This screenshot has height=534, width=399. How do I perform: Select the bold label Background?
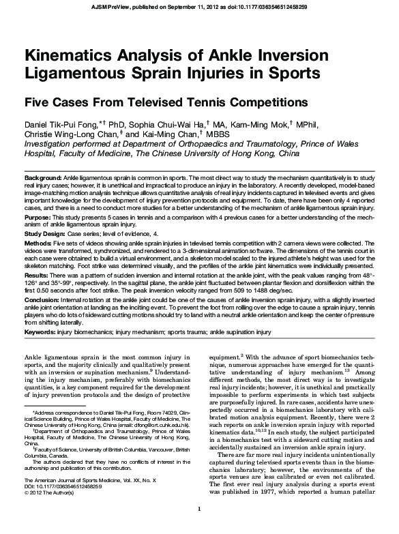pyautogui.click(x=44, y=177)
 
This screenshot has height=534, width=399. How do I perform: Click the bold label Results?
pyautogui.click(x=39, y=273)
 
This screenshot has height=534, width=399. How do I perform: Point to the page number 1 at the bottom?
pyautogui.click(x=198, y=527)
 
